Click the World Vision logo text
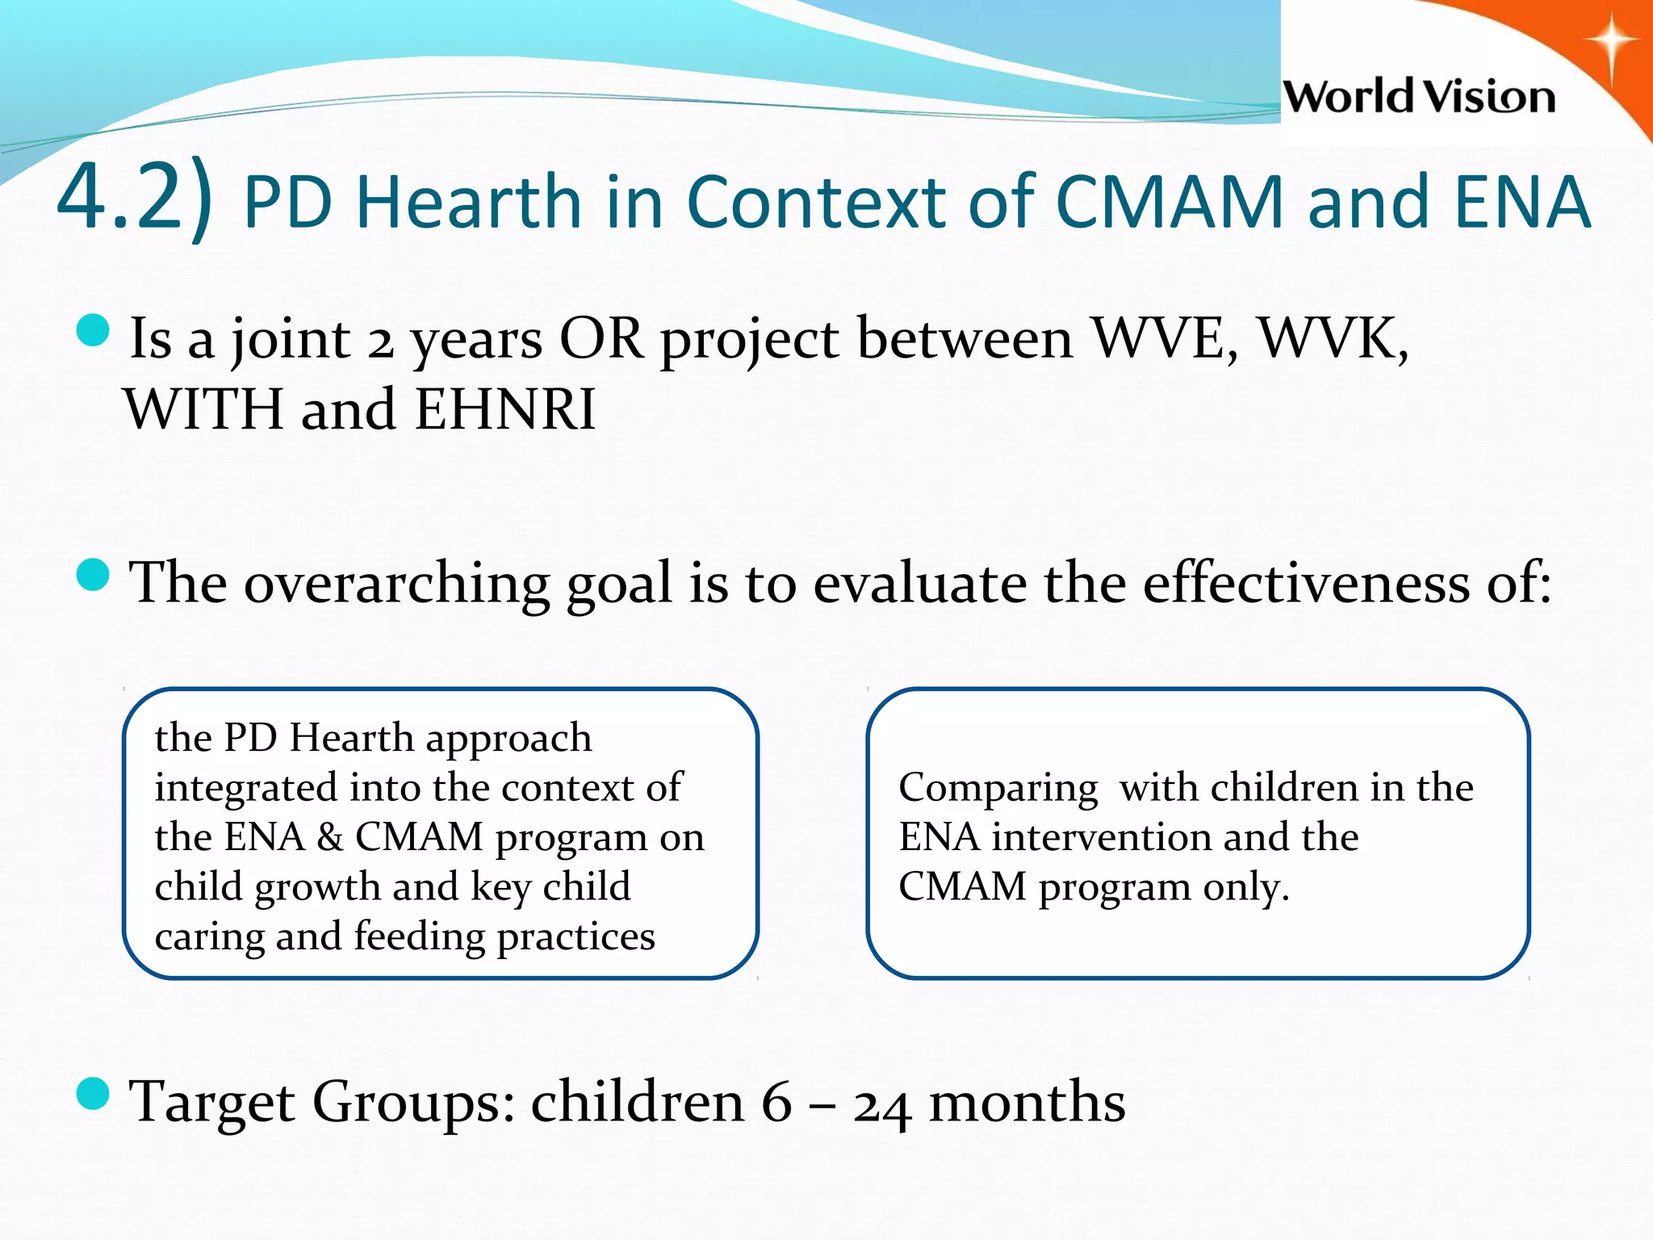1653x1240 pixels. pos(1418,98)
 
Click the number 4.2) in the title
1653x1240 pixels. pos(136,199)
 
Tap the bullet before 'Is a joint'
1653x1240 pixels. pos(93,331)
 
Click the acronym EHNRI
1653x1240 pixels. pos(505,409)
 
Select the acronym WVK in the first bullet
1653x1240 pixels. pos(1332,337)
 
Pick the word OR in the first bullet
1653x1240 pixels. pos(601,337)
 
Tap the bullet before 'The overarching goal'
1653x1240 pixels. pos(93,576)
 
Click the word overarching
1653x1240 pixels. pos(395,583)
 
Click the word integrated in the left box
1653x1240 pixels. pos(245,788)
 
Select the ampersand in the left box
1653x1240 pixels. pos(330,837)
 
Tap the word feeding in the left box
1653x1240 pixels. pos(419,936)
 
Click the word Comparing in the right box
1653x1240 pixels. pos(998,788)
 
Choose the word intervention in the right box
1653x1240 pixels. pos(1101,837)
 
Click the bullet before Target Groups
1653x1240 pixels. pos(93,1095)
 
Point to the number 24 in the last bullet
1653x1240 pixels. pos(882,1105)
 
